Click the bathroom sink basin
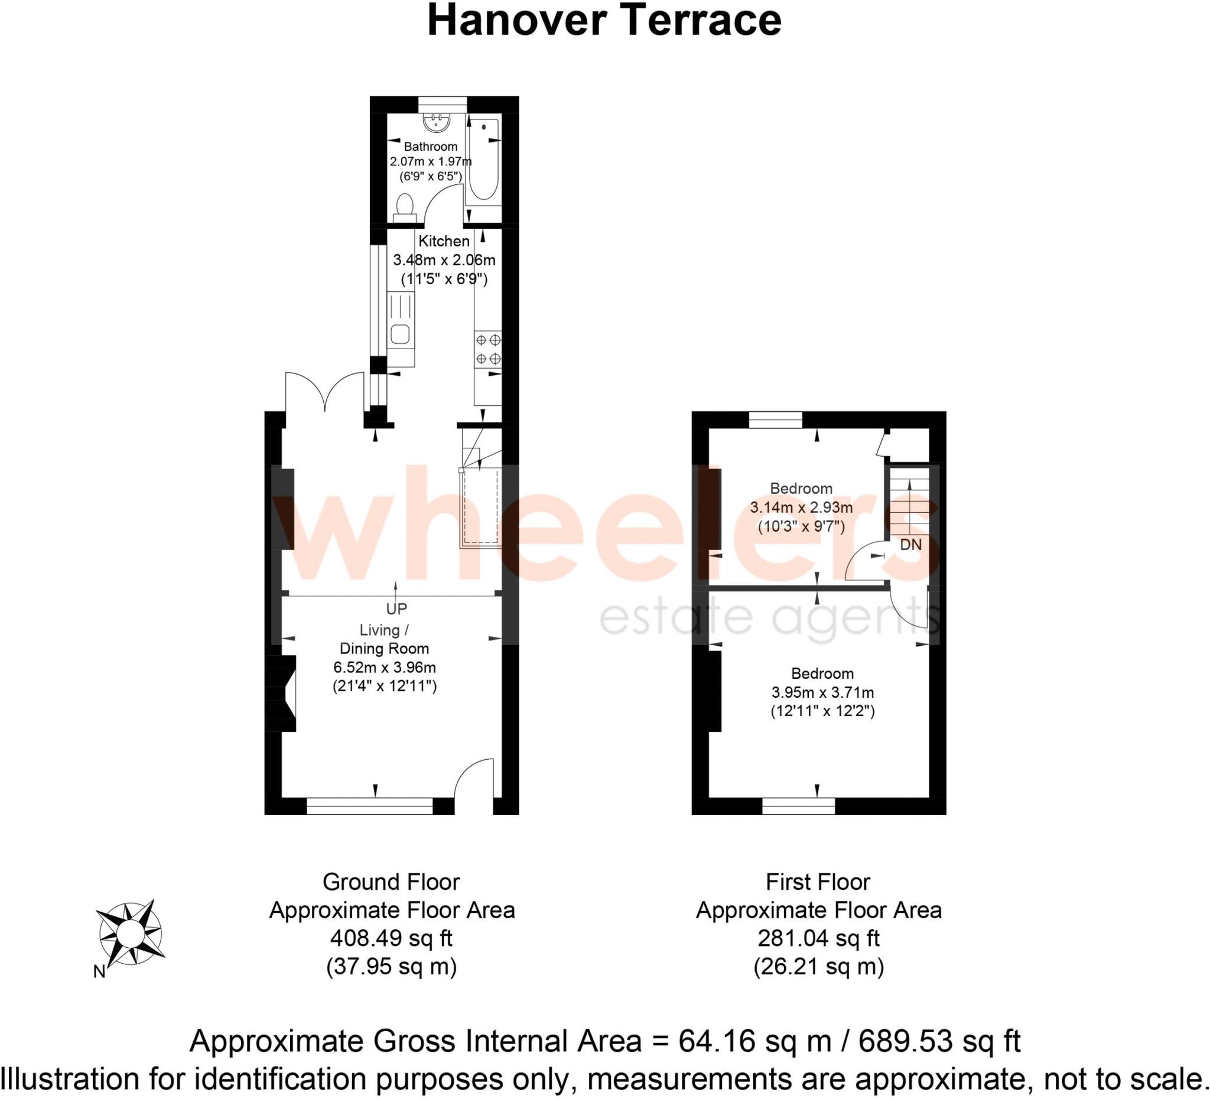437,122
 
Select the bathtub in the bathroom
484,160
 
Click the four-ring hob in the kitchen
487,349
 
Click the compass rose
129,934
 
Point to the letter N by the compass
99,971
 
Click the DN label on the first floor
910,544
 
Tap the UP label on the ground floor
396,609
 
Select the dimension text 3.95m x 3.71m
822,692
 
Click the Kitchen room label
444,241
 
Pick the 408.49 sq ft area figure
391,938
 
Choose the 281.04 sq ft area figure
818,938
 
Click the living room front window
369,805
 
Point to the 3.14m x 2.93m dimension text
801,507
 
